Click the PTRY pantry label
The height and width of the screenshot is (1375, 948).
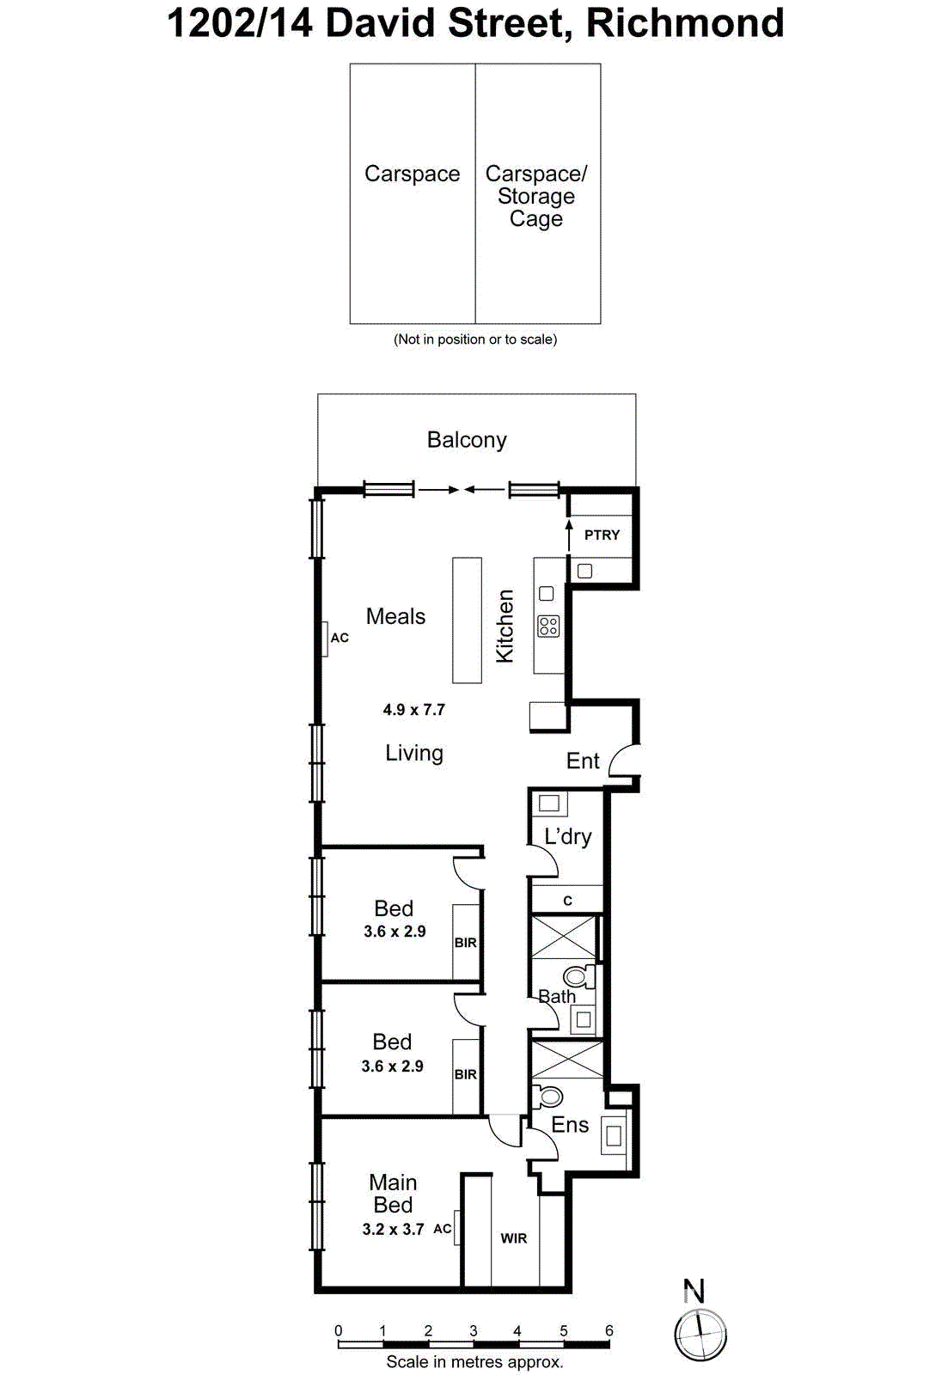click(602, 535)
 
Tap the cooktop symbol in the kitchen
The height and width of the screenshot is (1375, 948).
click(547, 626)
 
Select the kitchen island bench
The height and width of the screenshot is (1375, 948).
click(468, 620)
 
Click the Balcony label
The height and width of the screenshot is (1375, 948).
click(467, 440)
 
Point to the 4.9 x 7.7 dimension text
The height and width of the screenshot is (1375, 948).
click(413, 710)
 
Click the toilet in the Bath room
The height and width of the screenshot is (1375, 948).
click(578, 976)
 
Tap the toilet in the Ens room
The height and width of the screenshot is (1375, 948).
click(548, 1097)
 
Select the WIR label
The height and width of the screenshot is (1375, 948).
click(514, 1238)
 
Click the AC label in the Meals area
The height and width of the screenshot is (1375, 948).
click(339, 638)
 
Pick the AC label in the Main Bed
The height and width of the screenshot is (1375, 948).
click(442, 1229)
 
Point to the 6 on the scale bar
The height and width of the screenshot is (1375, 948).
click(609, 1330)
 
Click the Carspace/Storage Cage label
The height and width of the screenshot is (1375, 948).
click(536, 196)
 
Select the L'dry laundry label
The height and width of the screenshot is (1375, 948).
click(567, 836)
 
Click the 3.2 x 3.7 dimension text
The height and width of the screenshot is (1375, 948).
click(393, 1230)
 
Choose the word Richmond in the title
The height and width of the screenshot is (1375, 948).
click(685, 23)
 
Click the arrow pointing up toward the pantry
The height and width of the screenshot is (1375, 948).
click(568, 534)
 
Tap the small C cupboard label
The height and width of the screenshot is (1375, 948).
click(567, 901)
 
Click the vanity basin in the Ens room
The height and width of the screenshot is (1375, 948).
click(614, 1135)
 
